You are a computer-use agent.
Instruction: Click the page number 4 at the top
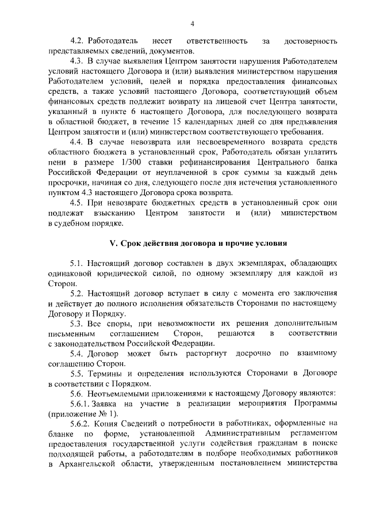193,23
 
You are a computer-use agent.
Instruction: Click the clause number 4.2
78,41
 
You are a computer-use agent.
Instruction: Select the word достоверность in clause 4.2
310,41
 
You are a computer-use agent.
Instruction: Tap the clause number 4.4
78,142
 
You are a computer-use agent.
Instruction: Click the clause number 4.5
78,202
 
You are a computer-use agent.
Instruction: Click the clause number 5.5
78,373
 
